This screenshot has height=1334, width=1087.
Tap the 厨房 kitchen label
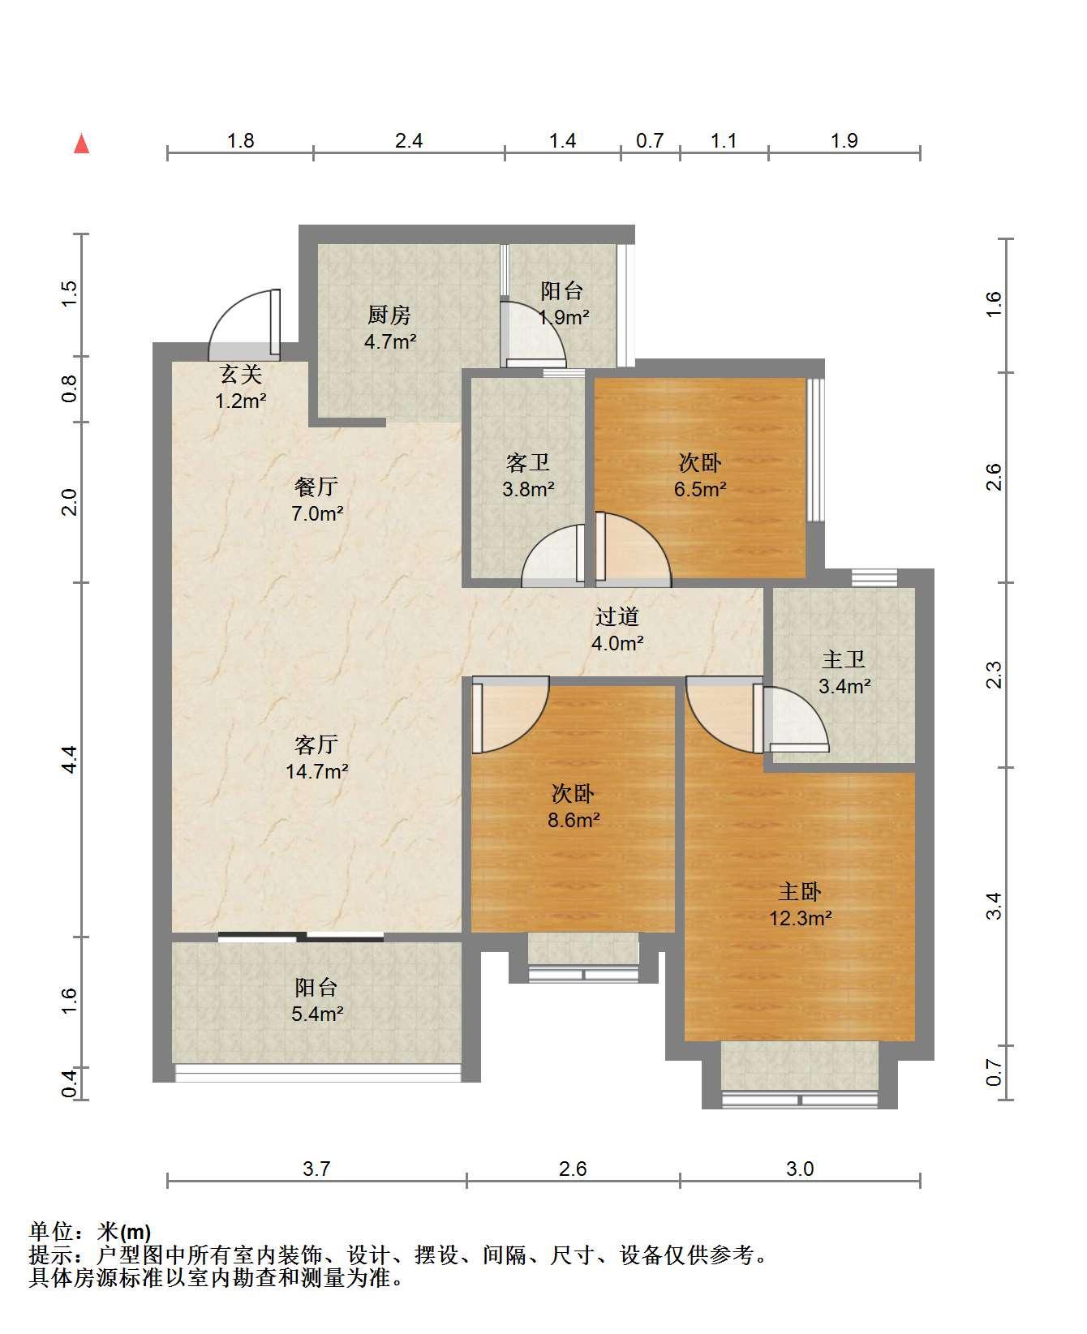(389, 315)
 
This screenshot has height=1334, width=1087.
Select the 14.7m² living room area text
(316, 771)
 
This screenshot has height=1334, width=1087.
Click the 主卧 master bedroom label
(800, 892)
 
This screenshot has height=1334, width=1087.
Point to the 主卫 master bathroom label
(844, 660)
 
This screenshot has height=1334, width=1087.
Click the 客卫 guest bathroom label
(528, 463)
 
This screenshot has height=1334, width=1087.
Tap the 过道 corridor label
(617, 617)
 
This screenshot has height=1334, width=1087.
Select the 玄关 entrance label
(241, 375)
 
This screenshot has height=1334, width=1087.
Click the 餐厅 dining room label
(316, 487)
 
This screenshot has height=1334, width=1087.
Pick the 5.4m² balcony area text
(316, 1014)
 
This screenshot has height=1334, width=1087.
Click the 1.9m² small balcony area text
(564, 317)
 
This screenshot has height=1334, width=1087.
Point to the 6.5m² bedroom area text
(700, 489)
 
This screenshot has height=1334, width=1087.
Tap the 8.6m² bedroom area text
(574, 820)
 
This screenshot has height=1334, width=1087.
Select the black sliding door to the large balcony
(300, 937)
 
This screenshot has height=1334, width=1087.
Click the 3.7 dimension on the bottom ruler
(316, 1169)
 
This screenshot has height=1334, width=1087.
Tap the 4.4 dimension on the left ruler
(70, 759)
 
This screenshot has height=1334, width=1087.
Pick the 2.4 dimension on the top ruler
(409, 140)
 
